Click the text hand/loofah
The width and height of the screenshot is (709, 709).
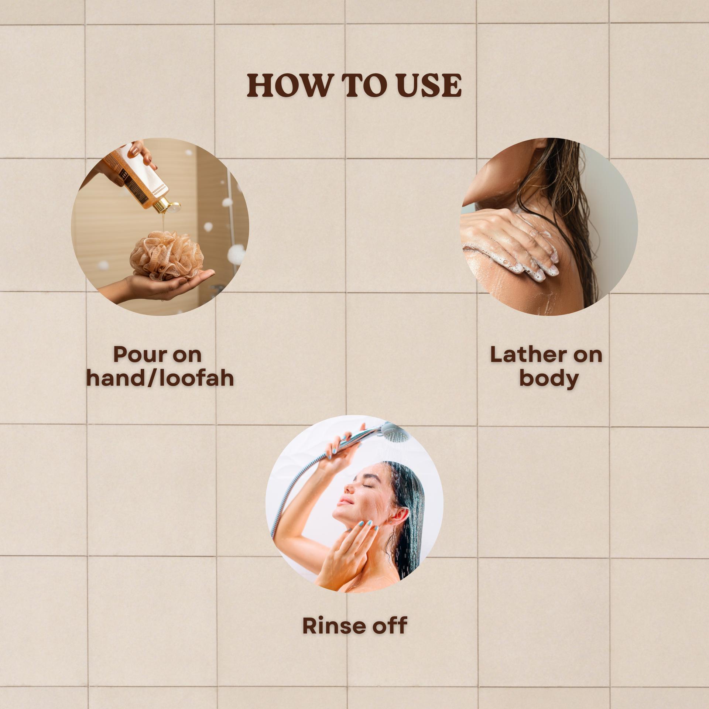click(x=160, y=378)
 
